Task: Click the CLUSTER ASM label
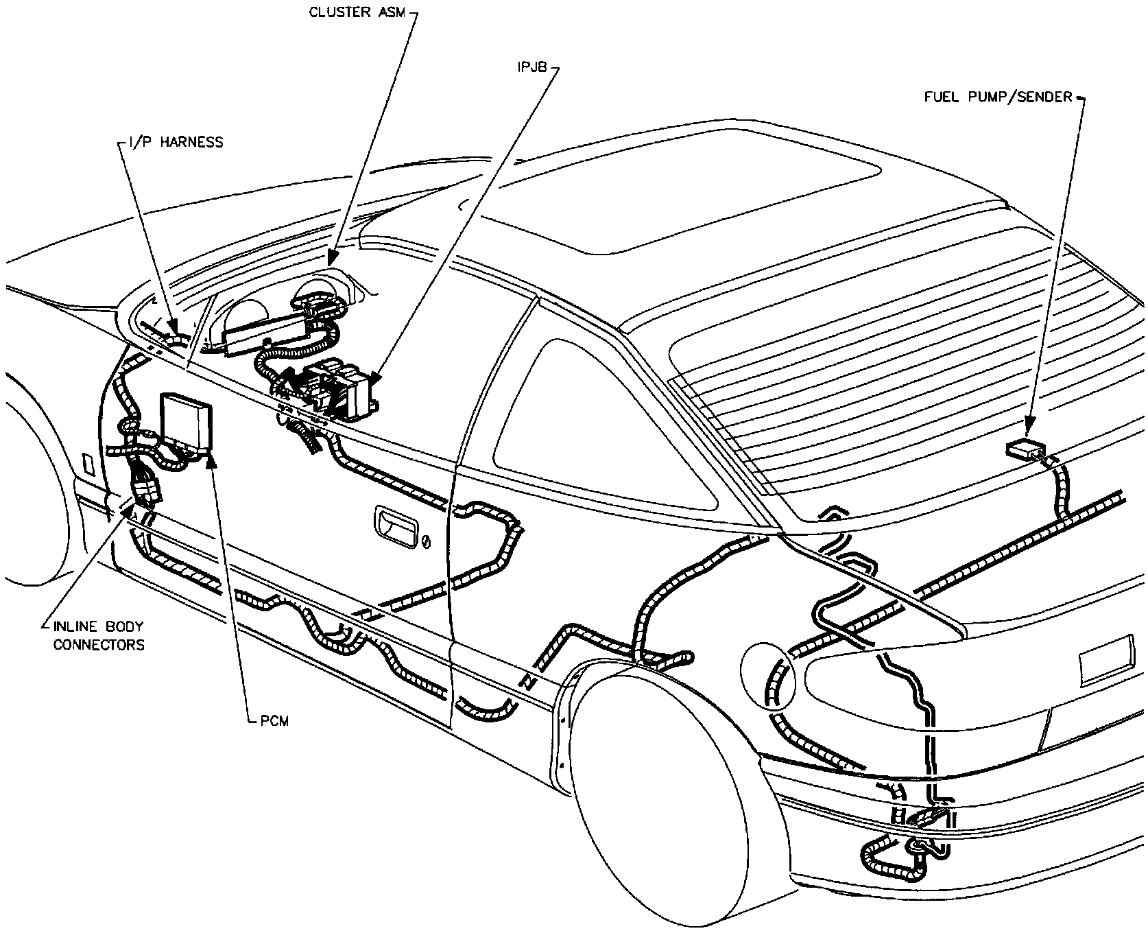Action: (x=358, y=12)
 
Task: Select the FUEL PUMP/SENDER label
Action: (x=998, y=97)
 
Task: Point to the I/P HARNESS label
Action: (x=175, y=142)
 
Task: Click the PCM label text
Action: (x=274, y=721)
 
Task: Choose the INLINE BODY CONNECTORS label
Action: (x=99, y=636)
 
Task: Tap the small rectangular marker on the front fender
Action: (x=87, y=463)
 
